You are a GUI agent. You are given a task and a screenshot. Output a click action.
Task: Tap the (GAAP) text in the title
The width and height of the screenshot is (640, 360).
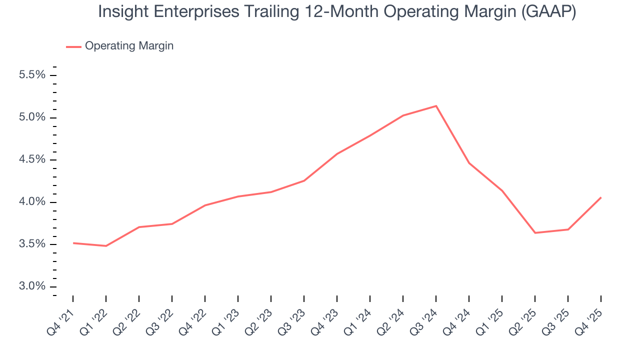(x=548, y=12)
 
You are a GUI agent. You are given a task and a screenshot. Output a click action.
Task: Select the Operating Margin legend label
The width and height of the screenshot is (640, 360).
(x=129, y=46)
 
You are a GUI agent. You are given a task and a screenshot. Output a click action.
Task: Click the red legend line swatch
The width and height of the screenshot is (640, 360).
(x=73, y=46)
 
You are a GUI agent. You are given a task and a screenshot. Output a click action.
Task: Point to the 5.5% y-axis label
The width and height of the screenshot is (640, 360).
(x=32, y=75)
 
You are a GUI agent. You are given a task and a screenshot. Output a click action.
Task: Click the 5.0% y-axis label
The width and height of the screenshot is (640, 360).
(x=32, y=117)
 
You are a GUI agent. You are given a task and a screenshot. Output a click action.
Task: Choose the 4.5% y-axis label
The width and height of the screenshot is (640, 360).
(x=32, y=159)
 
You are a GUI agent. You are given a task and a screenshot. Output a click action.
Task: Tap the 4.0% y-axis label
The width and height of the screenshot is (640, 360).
(x=32, y=202)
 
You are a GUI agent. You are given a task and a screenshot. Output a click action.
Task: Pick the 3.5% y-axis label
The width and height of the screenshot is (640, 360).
(x=32, y=244)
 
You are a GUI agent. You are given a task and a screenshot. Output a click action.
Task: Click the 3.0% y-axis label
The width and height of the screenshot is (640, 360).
(x=32, y=286)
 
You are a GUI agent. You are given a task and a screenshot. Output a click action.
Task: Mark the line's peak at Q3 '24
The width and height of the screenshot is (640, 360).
(x=436, y=106)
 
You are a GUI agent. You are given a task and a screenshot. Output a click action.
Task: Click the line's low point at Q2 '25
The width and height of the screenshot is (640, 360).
(x=535, y=233)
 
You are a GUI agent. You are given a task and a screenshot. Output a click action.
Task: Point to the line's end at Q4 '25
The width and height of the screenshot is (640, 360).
(x=600, y=197)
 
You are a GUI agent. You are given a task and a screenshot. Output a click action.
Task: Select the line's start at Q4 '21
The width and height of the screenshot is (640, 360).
(x=73, y=243)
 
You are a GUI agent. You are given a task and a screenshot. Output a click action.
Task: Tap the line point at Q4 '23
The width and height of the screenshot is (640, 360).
(x=337, y=154)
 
